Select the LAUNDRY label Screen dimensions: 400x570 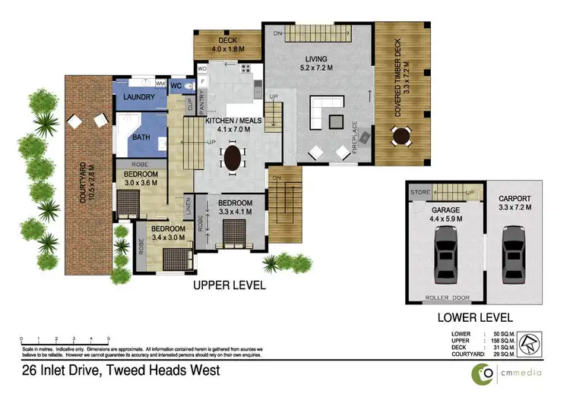[x=138, y=97]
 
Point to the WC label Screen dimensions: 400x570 [x=176, y=87]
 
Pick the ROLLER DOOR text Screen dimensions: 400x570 [x=445, y=297]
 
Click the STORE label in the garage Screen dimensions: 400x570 [x=420, y=192]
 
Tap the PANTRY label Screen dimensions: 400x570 [x=203, y=102]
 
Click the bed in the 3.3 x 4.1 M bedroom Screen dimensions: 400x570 [x=231, y=236]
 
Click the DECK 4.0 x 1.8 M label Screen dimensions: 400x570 [x=227, y=45]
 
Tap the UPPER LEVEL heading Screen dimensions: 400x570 [x=229, y=286]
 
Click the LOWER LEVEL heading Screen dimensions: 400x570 [x=475, y=317]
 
